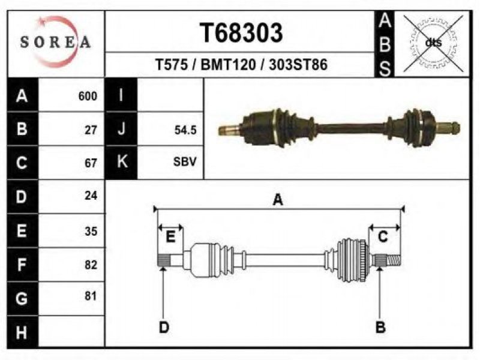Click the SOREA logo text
[55, 41]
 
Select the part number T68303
[241, 33]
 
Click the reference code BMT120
[228, 65]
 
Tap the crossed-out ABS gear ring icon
[433, 43]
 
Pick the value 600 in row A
[88, 96]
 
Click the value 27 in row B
[91, 130]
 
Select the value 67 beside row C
[91, 163]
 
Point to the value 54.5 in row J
[185, 130]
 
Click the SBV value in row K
[185, 161]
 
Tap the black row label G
[22, 298]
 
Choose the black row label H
[22, 332]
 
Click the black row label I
[121, 95]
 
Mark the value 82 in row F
[91, 265]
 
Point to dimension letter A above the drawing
[278, 200]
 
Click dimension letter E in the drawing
[170, 236]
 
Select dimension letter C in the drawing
[383, 236]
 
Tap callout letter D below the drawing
[164, 327]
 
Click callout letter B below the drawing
[380, 327]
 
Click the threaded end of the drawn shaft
[394, 260]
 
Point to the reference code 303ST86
[298, 65]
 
